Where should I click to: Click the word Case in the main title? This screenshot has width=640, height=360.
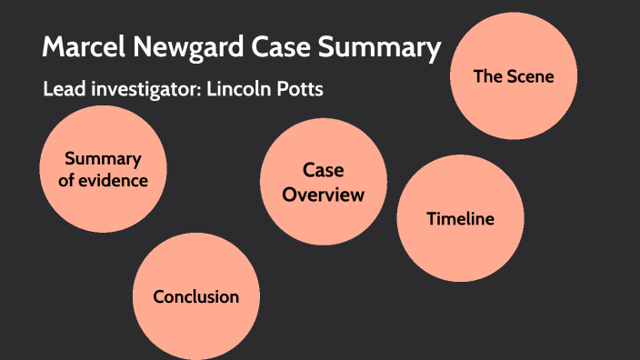[282, 47]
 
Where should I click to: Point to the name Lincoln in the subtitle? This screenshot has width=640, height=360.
[243, 91]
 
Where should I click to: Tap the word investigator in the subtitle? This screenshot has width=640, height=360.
[141, 91]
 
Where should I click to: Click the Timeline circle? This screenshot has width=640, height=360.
[460, 218]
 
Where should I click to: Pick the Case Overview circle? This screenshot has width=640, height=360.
[323, 182]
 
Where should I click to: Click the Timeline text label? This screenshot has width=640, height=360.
[460, 219]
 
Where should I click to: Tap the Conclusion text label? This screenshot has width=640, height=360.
[195, 297]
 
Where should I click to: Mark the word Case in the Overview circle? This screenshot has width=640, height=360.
[323, 170]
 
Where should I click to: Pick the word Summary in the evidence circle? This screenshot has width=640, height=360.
[103, 159]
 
